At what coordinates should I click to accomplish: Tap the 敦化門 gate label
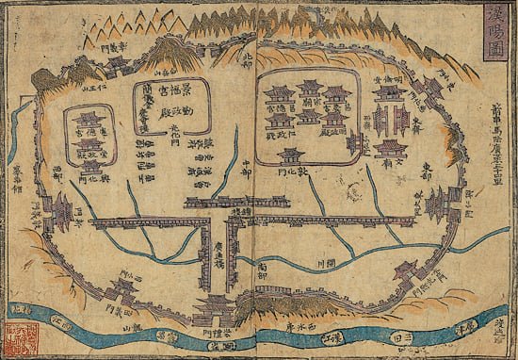click(293, 174)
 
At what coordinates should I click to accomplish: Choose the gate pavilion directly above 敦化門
click(293, 156)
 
